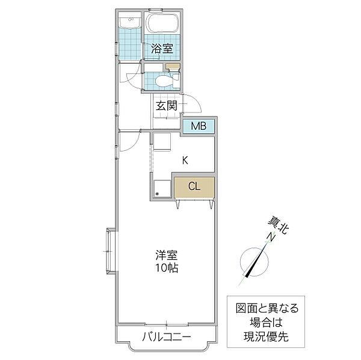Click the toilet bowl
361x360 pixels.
[162, 80]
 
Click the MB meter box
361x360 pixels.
[199, 126]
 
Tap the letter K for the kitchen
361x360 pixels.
[186, 160]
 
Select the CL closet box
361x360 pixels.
[194, 186]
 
